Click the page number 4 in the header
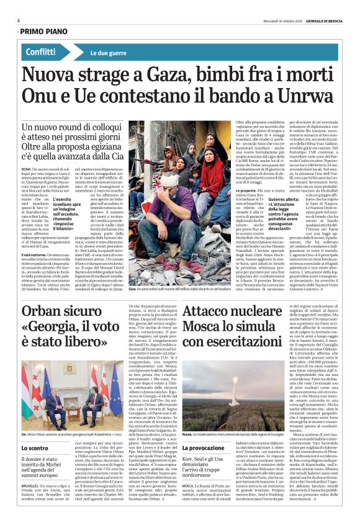19,20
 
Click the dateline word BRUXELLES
31,497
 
